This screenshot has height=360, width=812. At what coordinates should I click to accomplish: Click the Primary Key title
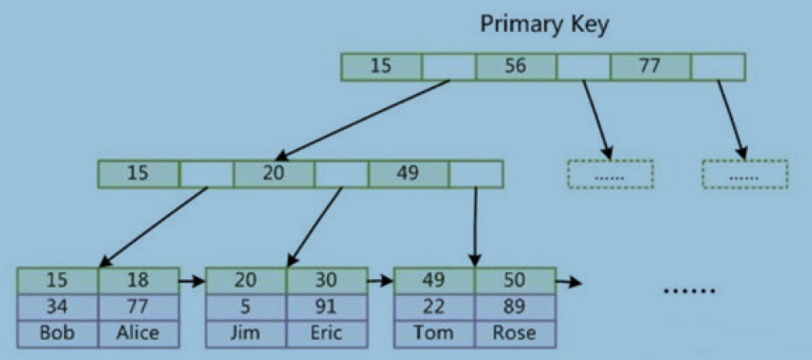[544, 24]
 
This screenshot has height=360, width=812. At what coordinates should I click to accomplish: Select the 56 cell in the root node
[516, 67]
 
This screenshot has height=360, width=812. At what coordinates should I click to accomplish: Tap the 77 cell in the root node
[650, 67]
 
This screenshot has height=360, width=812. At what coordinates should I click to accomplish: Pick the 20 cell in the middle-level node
[273, 174]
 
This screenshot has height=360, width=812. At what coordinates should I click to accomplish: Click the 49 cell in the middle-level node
[408, 174]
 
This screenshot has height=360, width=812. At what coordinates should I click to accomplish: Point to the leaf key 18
[139, 280]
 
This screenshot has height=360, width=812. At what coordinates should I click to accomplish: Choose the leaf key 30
[327, 280]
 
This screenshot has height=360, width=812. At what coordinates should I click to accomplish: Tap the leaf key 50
[516, 280]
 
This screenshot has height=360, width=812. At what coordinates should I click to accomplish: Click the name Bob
[57, 333]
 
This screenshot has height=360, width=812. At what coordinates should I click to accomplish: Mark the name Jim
[246, 333]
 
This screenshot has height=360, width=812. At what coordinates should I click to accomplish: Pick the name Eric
[327, 333]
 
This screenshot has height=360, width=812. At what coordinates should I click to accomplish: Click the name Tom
[434, 333]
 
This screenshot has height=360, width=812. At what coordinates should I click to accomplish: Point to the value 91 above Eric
[327, 307]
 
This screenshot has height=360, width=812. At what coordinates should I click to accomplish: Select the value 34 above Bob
[57, 307]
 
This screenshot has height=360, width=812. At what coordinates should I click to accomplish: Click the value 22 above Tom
[434, 307]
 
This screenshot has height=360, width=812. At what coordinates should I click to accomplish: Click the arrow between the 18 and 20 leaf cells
[192, 282]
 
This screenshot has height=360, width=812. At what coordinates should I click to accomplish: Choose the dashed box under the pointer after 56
[610, 174]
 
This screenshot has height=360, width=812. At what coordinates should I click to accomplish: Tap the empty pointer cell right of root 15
[449, 67]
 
